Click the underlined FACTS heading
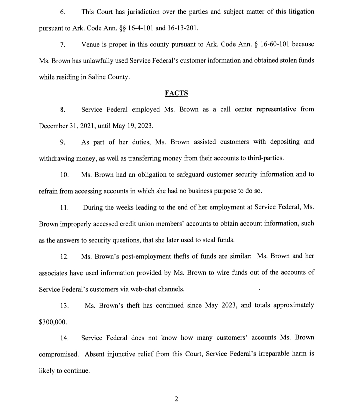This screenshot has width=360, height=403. click(x=176, y=93)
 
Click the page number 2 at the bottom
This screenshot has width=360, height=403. click(x=177, y=399)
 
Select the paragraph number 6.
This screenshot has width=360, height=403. click(x=62, y=12)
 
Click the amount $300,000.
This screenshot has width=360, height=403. click(x=53, y=322)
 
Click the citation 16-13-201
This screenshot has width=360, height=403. click(x=183, y=28)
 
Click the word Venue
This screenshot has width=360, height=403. click(x=91, y=44)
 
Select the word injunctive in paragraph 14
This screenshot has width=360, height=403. click(x=123, y=354)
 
